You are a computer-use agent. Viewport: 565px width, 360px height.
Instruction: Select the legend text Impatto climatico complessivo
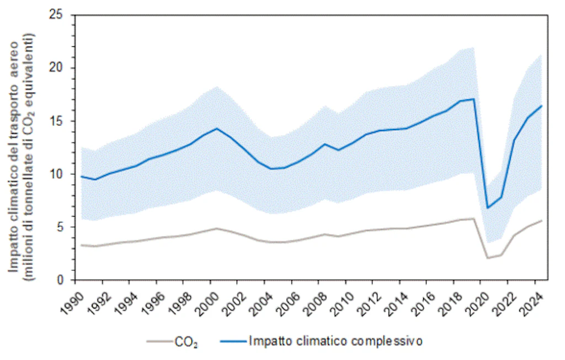336,341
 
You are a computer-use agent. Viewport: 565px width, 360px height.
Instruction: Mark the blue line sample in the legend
232,341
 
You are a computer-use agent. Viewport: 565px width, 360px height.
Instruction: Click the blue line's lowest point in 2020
487,208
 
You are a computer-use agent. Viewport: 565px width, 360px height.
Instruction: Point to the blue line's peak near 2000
217,128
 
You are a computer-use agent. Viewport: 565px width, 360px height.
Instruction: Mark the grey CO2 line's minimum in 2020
487,258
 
